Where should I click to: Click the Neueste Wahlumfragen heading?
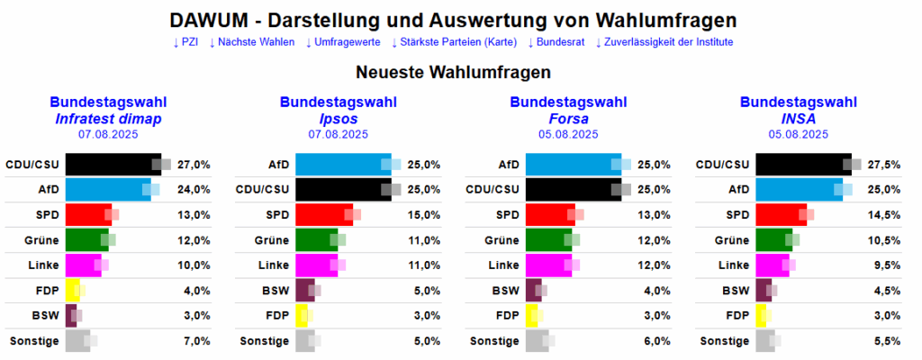coord(453,72)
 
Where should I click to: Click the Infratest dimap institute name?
coord(107,118)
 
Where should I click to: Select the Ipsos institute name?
coord(338,118)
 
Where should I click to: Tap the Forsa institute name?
coord(568,118)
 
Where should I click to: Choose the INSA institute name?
coord(798,118)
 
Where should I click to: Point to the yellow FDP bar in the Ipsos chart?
coord(302,316)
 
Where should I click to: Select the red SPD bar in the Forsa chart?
coord(549,215)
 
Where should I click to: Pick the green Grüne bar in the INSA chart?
coord(773,240)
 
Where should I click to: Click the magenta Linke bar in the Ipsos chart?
coord(316,265)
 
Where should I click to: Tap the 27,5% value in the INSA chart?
coord(885,165)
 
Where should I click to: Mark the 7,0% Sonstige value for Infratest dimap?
coord(195,341)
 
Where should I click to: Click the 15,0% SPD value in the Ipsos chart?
coord(425,215)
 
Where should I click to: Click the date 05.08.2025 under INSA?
coord(798,134)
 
